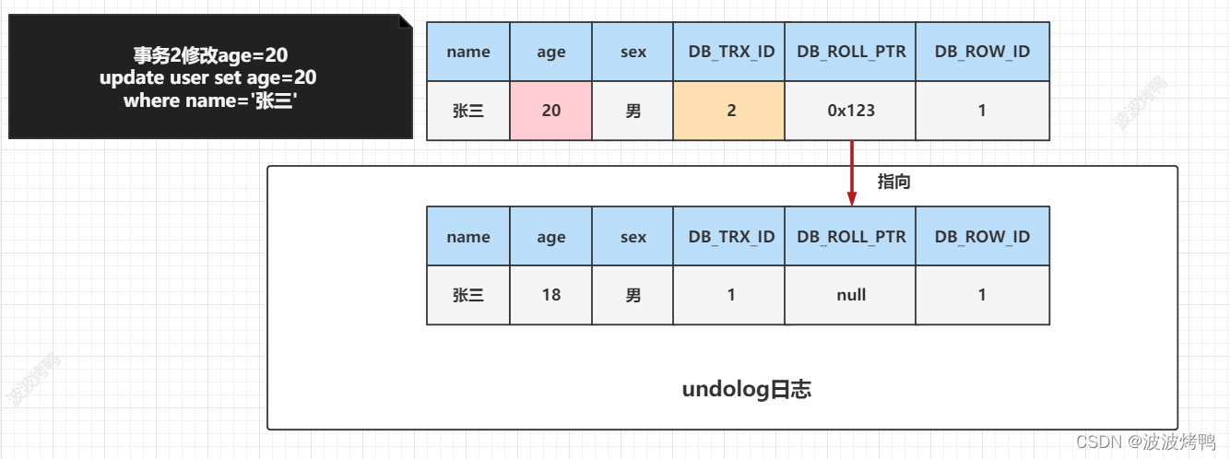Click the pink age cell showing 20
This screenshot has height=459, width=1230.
[x=551, y=111]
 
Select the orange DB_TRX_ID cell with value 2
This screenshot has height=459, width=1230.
[x=730, y=111]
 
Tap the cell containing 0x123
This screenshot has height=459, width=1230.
[x=851, y=111]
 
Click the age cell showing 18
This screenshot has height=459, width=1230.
[x=551, y=295]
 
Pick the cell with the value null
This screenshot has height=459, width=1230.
[x=851, y=295]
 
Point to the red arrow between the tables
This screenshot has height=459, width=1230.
[x=852, y=173]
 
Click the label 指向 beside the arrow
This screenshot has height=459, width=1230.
[x=893, y=182]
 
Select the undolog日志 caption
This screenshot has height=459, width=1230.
[x=747, y=390]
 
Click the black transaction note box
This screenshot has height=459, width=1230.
[x=209, y=78]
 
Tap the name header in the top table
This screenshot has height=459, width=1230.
[x=468, y=52]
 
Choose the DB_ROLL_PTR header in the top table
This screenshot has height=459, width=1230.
[x=851, y=52]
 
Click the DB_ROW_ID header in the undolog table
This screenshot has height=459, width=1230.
[x=982, y=237]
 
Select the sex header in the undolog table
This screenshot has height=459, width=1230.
[x=633, y=237]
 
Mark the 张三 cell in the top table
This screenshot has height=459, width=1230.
[x=468, y=111]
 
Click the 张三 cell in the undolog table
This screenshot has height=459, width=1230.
[x=468, y=295]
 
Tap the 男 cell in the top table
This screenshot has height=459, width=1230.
[x=633, y=111]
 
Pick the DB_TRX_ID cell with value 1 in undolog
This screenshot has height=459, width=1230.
[x=730, y=295]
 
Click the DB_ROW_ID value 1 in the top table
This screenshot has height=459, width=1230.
[x=982, y=111]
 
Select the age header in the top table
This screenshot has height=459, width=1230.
[x=551, y=52]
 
